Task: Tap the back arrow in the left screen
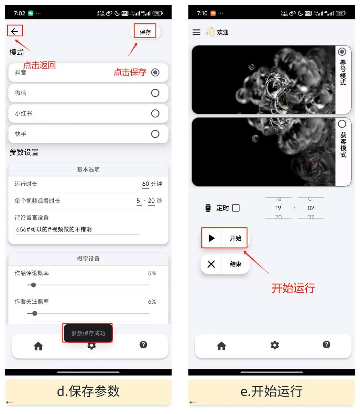coord(15,31)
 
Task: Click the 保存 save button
coord(145,32)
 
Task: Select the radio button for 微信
coord(155,93)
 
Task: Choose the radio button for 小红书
coord(155,114)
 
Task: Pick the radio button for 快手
coord(155,134)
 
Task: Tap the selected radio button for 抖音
coord(155,72)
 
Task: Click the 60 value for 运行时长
coord(146,184)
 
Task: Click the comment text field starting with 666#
coord(78,229)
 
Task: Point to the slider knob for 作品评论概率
coord(33,285)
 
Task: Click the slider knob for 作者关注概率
coord(35,313)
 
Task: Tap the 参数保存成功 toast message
coord(88,333)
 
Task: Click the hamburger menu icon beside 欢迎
coord(196,32)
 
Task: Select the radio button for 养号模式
coord(342,52)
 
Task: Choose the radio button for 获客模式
coord(342,124)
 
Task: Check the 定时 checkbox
coord(236,208)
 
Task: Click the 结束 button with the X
coord(225,264)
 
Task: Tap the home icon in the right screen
coord(222,346)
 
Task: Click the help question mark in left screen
coord(143,345)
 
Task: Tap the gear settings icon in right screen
coord(275,345)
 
